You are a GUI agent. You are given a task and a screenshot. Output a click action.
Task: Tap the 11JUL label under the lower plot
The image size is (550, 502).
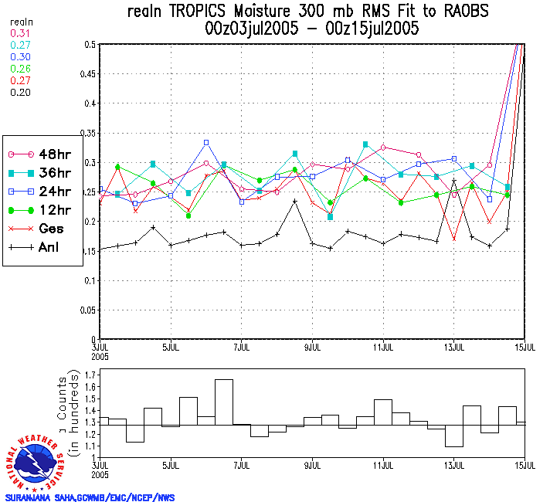pyautogui.click(x=384, y=466)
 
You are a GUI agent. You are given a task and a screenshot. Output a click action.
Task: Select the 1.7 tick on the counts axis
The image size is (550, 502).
pyautogui.click(x=90, y=375)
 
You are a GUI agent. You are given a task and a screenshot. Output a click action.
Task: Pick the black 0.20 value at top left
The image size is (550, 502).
pyautogui.click(x=19, y=92)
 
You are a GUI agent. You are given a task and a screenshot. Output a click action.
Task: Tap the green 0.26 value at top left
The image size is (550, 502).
pyautogui.click(x=19, y=69)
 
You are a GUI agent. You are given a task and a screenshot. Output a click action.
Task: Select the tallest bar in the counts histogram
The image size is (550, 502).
pyautogui.click(x=224, y=402)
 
